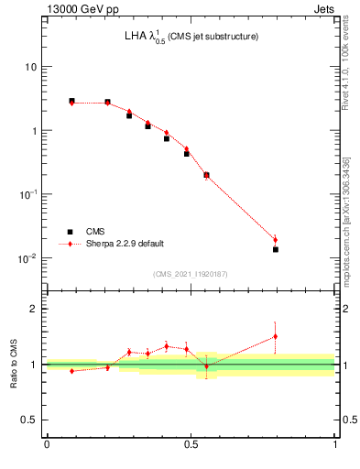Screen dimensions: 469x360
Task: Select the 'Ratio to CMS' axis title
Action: coord(14,365)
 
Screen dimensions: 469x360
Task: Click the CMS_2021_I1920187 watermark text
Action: coord(191,274)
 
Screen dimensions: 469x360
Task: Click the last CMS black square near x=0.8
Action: coord(275,249)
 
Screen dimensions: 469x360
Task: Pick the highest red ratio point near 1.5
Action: coord(275,336)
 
